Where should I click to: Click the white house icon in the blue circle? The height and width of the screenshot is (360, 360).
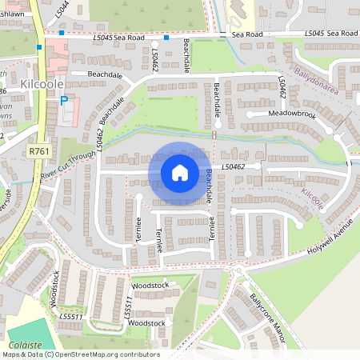[180, 172]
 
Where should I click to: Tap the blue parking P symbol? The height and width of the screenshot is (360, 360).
[63, 100]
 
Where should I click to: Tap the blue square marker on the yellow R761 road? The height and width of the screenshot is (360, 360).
[39, 47]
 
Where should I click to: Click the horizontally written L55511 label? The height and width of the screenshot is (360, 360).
[70, 317]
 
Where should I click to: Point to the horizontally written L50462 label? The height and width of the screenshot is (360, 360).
[232, 166]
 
